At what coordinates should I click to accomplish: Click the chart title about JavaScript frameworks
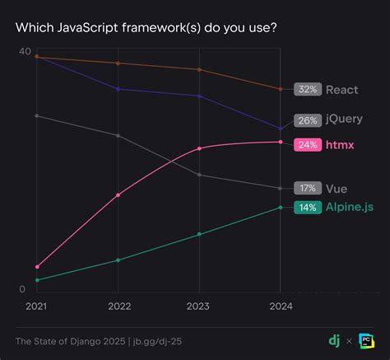click(146, 28)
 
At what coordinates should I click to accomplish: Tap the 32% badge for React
click(308, 89)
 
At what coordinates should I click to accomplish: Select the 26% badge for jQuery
click(308, 119)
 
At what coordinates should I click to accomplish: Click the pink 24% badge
click(308, 144)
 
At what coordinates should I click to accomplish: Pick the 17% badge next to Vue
click(308, 188)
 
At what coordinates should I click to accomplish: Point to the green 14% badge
click(308, 207)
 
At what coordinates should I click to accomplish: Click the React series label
click(342, 89)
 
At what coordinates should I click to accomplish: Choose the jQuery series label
click(344, 119)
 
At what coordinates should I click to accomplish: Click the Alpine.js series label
click(350, 207)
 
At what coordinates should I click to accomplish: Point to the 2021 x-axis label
click(36, 306)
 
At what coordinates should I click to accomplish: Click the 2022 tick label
click(118, 306)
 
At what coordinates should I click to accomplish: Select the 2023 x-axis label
click(199, 306)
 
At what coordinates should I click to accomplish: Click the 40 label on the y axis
click(25, 52)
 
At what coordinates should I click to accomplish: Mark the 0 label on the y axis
click(24, 289)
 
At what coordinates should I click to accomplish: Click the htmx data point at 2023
click(199, 148)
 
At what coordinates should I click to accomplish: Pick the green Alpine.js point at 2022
click(118, 260)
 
